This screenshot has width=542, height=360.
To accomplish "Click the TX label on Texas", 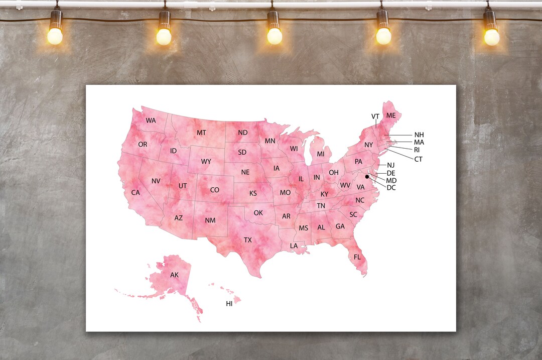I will (x=248, y=240).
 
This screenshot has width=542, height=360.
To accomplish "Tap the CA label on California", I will (x=135, y=193).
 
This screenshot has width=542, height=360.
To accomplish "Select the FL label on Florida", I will (x=357, y=257).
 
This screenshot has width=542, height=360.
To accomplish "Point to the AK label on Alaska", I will (x=174, y=275).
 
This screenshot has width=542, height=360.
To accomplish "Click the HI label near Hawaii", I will (x=229, y=304).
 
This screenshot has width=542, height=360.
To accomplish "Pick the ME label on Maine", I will (x=391, y=115).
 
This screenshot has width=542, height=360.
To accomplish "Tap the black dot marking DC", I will (x=367, y=177).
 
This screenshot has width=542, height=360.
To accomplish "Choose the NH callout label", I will (x=419, y=135).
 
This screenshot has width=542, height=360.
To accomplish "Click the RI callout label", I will (x=417, y=150).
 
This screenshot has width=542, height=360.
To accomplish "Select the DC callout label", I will (x=391, y=188).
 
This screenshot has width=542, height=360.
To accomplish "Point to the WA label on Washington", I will (x=151, y=121).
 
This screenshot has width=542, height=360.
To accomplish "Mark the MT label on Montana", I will (x=201, y=133).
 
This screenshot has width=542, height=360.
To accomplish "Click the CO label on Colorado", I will (x=215, y=190).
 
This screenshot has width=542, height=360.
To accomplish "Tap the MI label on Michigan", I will (x=321, y=154).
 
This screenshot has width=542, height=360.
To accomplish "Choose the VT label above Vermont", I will (x=375, y=116).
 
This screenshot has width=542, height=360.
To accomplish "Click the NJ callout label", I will (x=391, y=165).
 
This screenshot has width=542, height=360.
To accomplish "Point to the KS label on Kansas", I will (x=253, y=193).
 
